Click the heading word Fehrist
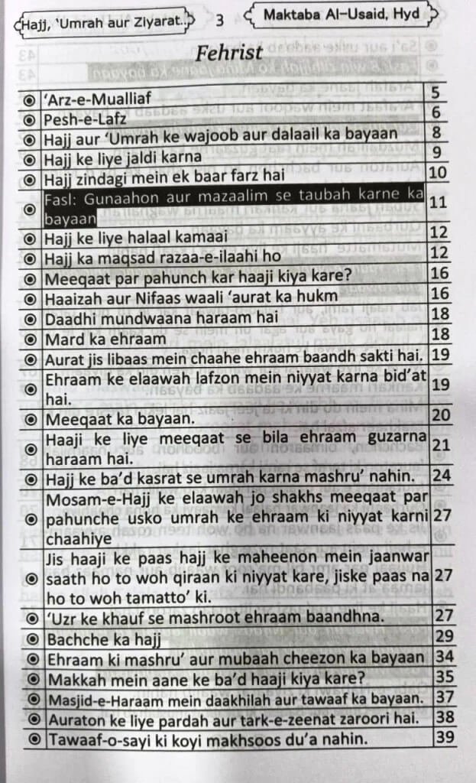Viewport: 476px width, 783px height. [x=229, y=54]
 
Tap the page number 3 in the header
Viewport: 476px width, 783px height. [x=220, y=21]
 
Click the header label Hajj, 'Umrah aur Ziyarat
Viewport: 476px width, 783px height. [x=102, y=23]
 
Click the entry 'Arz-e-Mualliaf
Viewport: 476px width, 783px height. [x=98, y=98]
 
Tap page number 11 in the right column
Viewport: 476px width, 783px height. [x=438, y=203]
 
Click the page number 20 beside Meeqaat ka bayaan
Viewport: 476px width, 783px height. [x=439, y=415]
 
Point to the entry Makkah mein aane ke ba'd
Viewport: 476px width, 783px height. [x=206, y=677]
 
